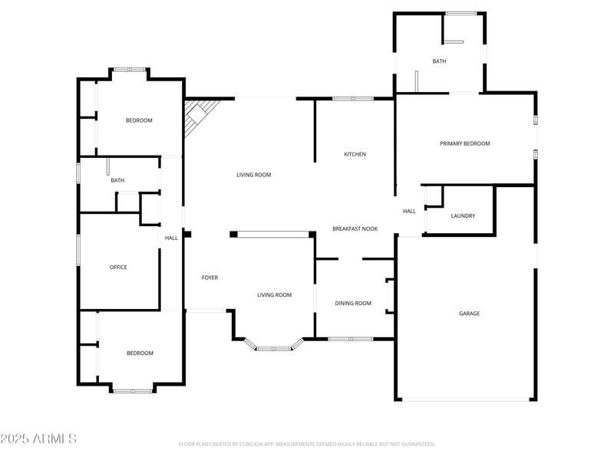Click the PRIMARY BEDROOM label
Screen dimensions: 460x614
tap(464, 143)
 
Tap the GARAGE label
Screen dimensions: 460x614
tap(469, 314)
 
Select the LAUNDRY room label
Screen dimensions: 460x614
tap(463, 216)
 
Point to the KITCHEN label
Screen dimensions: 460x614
tap(355, 155)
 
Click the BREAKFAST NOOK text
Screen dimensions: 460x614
tap(355, 229)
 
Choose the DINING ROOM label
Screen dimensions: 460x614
tap(353, 304)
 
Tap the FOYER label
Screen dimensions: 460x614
tap(210, 278)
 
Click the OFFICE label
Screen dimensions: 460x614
tap(118, 268)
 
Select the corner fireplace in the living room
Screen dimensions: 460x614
tap(197, 117)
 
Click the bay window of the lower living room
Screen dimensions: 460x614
tap(273, 348)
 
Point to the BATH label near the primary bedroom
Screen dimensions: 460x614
tap(439, 61)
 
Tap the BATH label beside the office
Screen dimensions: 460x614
tap(117, 181)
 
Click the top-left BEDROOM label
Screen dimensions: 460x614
tap(139, 120)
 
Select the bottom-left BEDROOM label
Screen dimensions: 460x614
tap(140, 353)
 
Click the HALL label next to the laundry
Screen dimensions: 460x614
tap(409, 212)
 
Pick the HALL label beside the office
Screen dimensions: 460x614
tap(171, 238)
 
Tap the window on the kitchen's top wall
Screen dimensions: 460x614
tap(353, 98)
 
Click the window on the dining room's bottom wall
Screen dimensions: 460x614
tap(351, 339)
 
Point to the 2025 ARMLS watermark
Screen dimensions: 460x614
tap(38, 439)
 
